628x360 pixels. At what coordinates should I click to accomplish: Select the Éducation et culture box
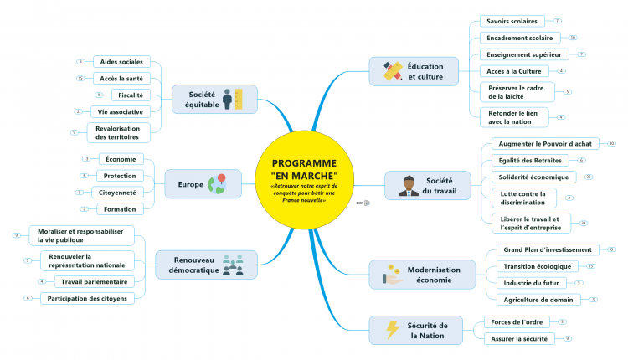414,71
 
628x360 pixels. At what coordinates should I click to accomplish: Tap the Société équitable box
214,100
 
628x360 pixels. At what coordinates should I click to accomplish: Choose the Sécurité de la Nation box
414,330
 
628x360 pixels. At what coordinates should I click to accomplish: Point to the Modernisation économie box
414,274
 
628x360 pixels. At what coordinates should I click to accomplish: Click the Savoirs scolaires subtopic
512,21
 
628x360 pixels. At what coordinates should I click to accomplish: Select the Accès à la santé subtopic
120,79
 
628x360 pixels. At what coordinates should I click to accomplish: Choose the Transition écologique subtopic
536,266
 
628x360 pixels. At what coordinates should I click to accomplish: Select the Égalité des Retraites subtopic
529,160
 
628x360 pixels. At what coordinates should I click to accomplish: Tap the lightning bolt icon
392,330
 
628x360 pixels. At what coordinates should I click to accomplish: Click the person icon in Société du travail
408,185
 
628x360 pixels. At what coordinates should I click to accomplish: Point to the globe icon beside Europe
218,183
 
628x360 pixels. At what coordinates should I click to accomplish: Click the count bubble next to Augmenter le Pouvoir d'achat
611,144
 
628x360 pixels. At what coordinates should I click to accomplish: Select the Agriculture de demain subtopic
538,300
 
